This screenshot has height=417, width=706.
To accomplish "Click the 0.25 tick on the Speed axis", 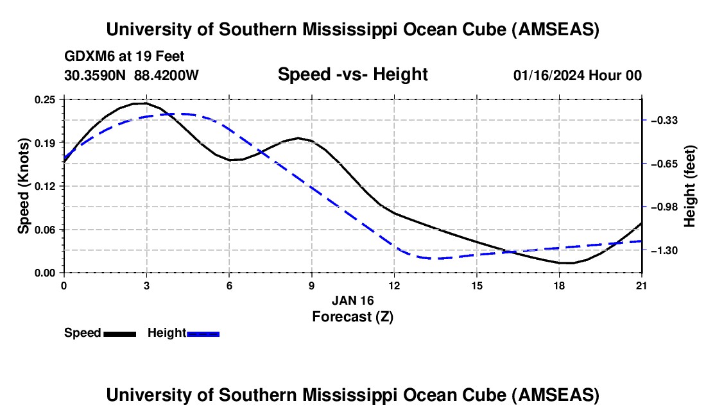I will (46, 99).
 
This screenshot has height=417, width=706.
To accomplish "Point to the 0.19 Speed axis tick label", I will (46, 142).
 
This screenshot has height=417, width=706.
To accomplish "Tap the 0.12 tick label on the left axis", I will (46, 186).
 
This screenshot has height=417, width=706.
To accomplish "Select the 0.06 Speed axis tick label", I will (46, 230).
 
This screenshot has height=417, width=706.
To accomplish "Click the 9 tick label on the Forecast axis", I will (311, 285).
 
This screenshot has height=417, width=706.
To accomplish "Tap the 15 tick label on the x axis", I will (476, 285).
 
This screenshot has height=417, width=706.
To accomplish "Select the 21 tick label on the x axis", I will (642, 285).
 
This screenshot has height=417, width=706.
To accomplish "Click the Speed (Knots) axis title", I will (24, 186).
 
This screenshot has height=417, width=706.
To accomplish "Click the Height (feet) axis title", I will (690, 186).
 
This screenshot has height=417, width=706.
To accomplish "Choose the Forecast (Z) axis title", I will (352, 316).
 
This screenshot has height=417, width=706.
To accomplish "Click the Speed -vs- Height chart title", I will (352, 74).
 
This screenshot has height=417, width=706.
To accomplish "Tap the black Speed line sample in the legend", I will (119, 334).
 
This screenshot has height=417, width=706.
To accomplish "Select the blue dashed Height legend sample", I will (203, 334).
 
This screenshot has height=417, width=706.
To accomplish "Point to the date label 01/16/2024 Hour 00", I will (577, 76).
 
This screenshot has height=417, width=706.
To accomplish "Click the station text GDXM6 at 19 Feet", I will (125, 56).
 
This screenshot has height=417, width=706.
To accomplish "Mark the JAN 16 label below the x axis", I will (352, 300).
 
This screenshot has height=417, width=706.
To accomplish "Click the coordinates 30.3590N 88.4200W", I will (132, 76).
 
